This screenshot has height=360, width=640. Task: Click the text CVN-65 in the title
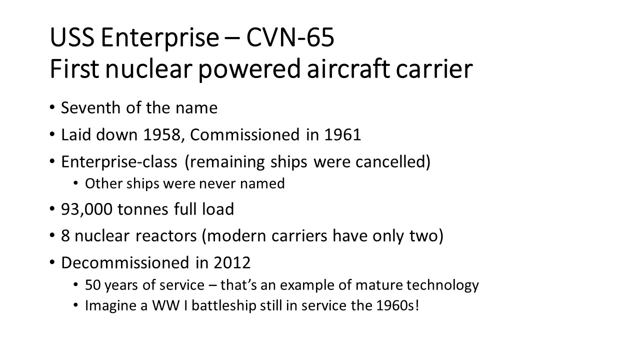(x=290, y=37)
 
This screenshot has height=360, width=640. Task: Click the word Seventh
(x=91, y=107)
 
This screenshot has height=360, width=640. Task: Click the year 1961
(x=342, y=134)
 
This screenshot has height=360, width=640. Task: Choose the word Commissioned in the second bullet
(x=244, y=134)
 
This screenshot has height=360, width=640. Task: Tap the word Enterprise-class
(x=119, y=162)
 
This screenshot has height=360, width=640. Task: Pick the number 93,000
(x=86, y=209)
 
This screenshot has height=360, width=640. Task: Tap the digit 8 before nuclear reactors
(x=65, y=236)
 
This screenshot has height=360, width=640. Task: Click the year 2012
(x=232, y=263)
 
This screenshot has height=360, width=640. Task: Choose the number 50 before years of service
(x=93, y=285)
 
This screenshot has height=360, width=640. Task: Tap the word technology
(x=442, y=285)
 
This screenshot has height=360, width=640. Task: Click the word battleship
(x=223, y=305)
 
